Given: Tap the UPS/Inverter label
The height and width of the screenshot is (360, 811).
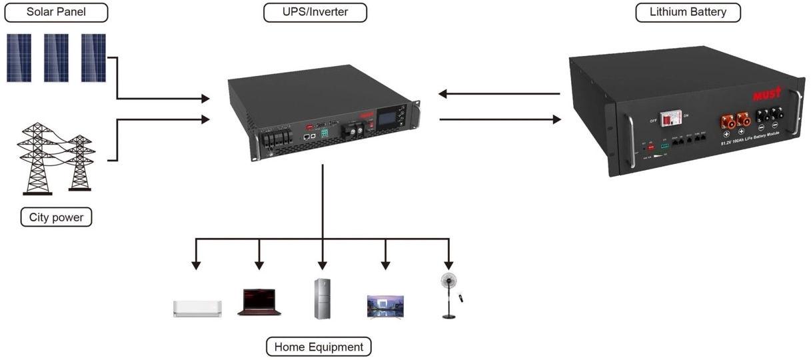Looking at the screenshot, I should tap(315, 12).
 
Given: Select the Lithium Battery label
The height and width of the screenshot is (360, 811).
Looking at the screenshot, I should tap(688, 12).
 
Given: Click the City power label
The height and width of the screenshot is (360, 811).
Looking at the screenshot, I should tap(56, 217).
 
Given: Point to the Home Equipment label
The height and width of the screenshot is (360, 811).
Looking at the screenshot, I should tap(319, 347).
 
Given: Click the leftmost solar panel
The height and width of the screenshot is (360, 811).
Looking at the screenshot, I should tap(19, 58).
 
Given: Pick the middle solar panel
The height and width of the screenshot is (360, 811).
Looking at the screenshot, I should tap(56, 58).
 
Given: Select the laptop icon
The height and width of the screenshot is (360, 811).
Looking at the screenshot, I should tap(259, 302).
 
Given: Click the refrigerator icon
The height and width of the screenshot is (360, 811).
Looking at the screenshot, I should tap(323, 299).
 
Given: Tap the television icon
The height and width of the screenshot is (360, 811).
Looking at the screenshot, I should tap(385, 305).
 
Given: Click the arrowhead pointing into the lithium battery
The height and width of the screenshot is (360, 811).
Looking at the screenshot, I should tap(556, 119).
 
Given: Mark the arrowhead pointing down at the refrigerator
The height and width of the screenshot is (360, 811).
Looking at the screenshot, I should tap(323, 264).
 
